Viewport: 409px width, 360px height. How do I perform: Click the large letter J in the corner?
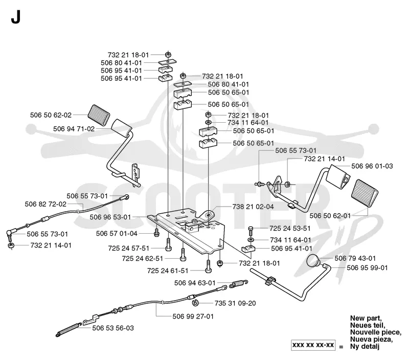click(15, 18)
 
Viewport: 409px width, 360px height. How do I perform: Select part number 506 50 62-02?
click(51, 115)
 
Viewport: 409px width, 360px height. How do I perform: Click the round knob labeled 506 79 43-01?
click(313, 261)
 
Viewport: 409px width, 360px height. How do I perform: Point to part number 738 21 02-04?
click(253, 207)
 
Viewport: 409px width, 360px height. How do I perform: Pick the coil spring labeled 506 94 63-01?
click(238, 284)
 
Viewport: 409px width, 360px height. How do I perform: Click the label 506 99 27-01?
click(193, 317)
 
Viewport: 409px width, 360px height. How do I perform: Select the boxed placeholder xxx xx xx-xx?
click(313, 345)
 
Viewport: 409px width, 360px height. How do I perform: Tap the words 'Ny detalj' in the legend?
click(365, 346)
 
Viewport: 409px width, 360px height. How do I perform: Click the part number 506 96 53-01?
click(110, 217)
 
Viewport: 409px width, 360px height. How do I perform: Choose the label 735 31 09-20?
click(235, 303)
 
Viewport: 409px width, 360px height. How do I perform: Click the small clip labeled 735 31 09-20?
click(195, 303)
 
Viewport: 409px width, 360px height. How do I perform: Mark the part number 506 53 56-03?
click(113, 328)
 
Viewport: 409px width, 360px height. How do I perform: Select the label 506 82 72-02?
click(46, 204)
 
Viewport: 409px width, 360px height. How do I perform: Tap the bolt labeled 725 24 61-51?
click(208, 266)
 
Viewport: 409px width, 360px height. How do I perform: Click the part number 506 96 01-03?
click(372, 166)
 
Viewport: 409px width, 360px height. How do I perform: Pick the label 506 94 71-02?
click(74, 129)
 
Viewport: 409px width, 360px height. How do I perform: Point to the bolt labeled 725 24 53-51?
click(251, 231)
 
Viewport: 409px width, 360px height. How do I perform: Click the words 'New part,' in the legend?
click(366, 318)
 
